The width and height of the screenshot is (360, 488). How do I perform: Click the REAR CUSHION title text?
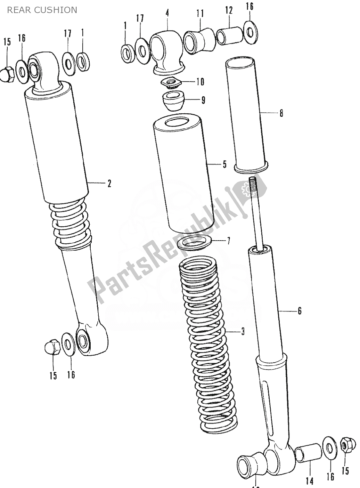(x=42, y=10)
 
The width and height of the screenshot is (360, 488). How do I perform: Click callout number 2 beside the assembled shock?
(x=109, y=183)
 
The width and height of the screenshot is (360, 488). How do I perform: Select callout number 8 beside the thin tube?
(x=281, y=113)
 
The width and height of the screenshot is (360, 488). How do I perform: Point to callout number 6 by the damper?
(x=299, y=311)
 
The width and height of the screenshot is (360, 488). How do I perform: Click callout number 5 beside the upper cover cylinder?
(x=224, y=164)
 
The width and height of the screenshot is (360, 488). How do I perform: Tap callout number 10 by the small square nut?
(x=200, y=82)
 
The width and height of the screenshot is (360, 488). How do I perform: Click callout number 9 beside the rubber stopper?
(x=203, y=100)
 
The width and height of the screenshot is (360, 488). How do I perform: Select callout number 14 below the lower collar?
(x=309, y=481)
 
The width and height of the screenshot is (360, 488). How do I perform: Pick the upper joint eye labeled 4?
(x=165, y=49)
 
